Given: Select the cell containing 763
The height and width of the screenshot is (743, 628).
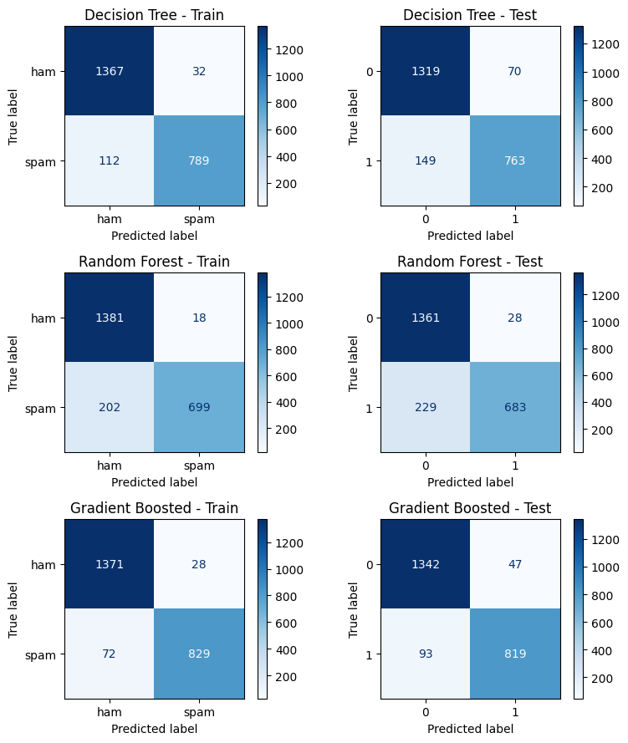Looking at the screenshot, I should click(514, 160).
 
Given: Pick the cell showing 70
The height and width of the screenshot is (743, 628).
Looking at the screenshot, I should click(514, 71).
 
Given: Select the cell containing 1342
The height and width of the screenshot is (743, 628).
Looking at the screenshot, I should click(425, 564).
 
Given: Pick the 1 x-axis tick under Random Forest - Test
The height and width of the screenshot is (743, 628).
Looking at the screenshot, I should click(514, 466).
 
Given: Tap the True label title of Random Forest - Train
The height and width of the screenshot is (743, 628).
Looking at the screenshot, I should click(14, 363).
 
